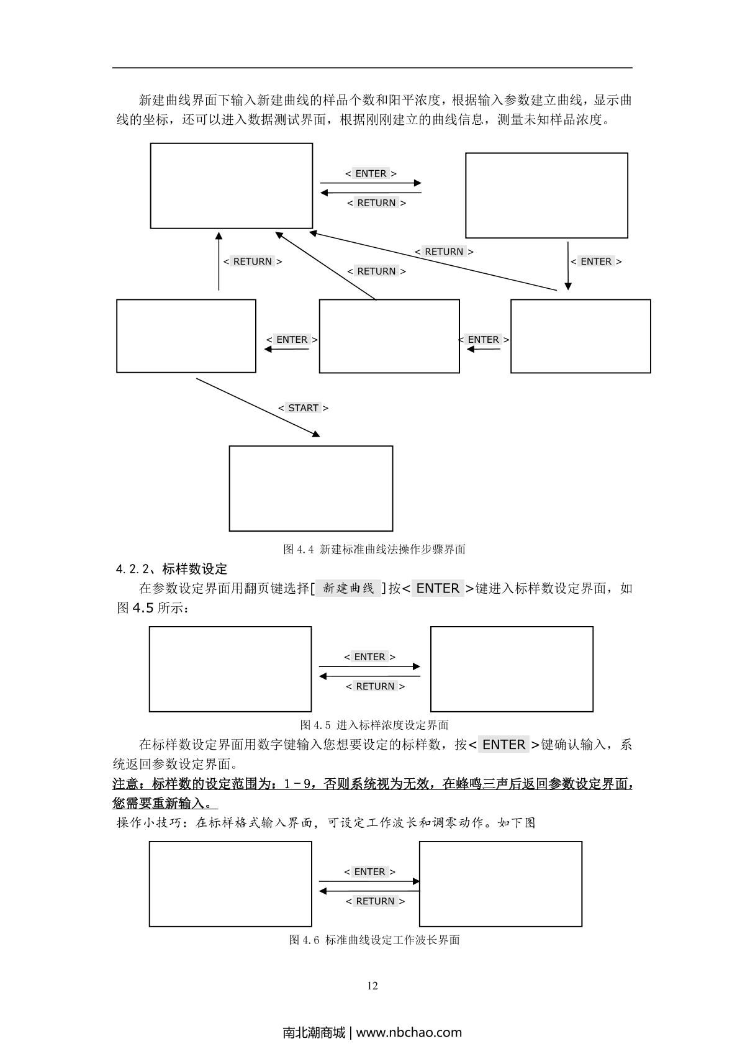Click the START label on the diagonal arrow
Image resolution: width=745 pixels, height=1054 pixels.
(x=304, y=408)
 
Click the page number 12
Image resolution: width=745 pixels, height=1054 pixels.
(x=372, y=986)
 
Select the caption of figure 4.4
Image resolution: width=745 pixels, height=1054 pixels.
(x=374, y=549)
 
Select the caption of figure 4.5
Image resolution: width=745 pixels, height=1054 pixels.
(x=374, y=725)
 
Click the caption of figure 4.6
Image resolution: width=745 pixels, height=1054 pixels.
(x=374, y=940)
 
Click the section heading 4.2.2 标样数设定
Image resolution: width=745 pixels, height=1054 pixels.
(x=171, y=569)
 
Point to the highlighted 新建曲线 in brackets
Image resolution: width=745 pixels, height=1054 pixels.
(x=349, y=588)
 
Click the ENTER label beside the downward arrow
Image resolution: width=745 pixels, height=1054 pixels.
(x=596, y=261)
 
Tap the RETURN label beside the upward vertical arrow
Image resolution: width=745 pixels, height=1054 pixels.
(x=253, y=261)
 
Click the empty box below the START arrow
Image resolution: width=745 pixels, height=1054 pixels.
(x=311, y=488)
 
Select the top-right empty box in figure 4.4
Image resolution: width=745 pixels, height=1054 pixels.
(x=546, y=195)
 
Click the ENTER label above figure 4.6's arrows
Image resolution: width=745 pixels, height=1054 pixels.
(x=369, y=872)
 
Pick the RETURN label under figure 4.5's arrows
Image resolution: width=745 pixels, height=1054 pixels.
(x=375, y=686)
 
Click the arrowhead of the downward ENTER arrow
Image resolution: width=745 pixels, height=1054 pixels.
(x=567, y=286)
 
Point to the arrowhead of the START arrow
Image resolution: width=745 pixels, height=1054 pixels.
(x=316, y=434)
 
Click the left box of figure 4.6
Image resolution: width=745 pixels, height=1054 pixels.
(x=230, y=884)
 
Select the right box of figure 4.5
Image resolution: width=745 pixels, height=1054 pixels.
(x=512, y=669)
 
